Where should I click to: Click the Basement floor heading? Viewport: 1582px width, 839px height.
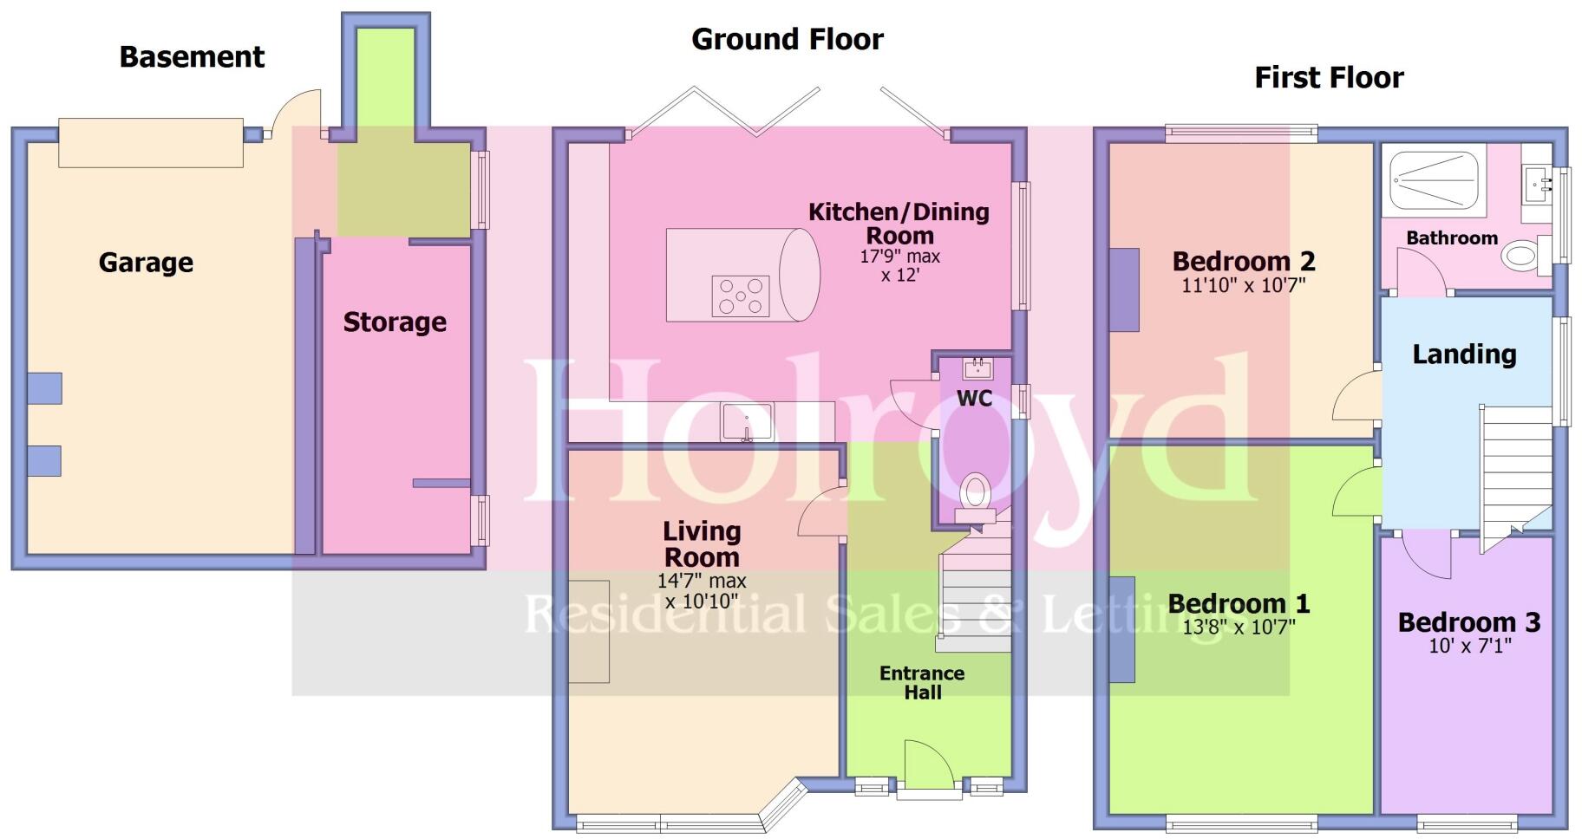(x=192, y=57)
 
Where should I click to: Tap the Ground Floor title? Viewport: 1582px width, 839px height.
(x=787, y=39)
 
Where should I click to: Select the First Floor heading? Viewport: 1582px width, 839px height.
(x=1328, y=78)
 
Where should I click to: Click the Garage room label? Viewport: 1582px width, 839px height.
(x=146, y=263)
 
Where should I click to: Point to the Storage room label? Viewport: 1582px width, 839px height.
(x=395, y=322)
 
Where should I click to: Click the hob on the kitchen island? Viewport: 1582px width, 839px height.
(x=740, y=296)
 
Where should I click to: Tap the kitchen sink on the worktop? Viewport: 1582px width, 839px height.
(x=746, y=422)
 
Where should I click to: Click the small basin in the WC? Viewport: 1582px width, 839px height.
(x=977, y=367)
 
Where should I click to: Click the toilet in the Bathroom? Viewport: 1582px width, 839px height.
(x=1524, y=255)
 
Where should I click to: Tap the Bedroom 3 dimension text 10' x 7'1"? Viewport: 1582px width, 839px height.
(x=1469, y=646)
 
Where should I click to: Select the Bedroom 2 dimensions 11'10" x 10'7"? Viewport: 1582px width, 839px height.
(x=1243, y=285)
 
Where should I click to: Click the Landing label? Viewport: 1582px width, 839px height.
(x=1464, y=354)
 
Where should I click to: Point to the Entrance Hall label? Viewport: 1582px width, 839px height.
(x=922, y=683)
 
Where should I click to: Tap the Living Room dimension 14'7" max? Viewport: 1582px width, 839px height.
(x=702, y=582)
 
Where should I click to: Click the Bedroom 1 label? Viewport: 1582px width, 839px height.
(x=1238, y=603)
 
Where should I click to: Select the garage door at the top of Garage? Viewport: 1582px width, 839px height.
(x=150, y=143)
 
